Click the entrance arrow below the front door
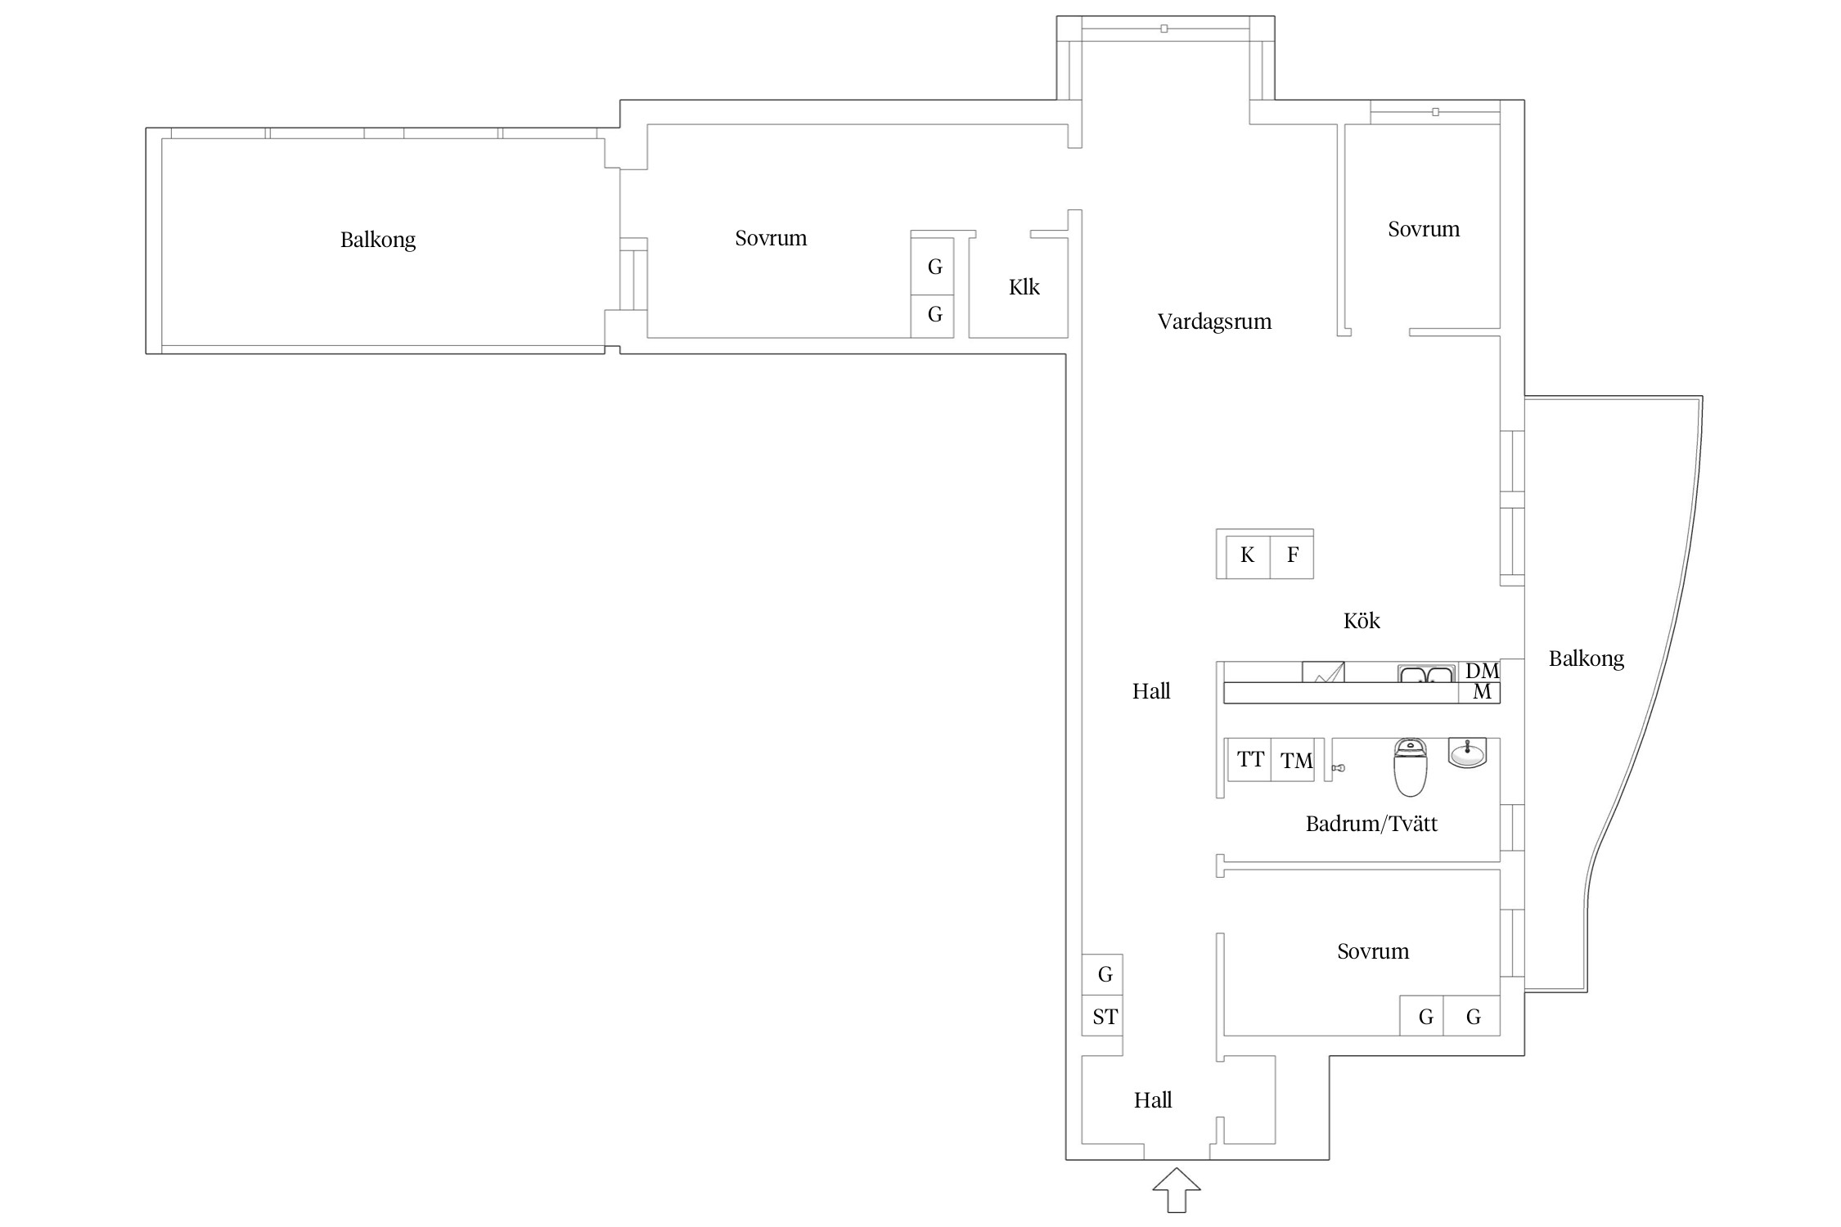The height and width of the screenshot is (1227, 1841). point(1177,1190)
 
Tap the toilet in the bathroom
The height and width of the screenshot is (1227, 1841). point(1410,767)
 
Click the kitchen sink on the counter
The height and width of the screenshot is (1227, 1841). point(1426,674)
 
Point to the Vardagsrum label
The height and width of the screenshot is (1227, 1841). point(1214,321)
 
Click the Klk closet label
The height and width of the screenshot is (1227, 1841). point(1024,287)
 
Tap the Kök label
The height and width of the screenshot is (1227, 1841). point(1362,621)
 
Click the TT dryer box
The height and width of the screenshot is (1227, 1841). point(1249,760)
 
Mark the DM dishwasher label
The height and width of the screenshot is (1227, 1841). point(1482,671)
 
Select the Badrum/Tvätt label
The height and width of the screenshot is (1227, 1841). point(1371,824)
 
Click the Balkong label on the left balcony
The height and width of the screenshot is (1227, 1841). point(378,240)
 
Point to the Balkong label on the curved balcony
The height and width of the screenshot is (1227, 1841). point(1586,658)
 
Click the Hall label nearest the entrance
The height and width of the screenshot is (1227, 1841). point(1153,1100)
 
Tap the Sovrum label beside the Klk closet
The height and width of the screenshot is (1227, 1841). point(771,238)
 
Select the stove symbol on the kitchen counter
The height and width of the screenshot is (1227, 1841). point(1323,672)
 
